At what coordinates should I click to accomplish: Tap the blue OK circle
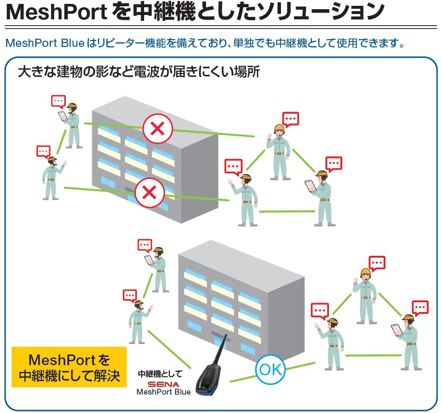click(x=270, y=370)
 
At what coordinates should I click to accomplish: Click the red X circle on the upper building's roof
click(x=158, y=129)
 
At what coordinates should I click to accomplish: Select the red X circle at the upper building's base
click(x=150, y=193)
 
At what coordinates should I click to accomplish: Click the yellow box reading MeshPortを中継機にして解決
click(x=69, y=368)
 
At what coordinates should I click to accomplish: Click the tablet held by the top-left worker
click(x=62, y=117)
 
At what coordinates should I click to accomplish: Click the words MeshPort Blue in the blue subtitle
click(x=45, y=44)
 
